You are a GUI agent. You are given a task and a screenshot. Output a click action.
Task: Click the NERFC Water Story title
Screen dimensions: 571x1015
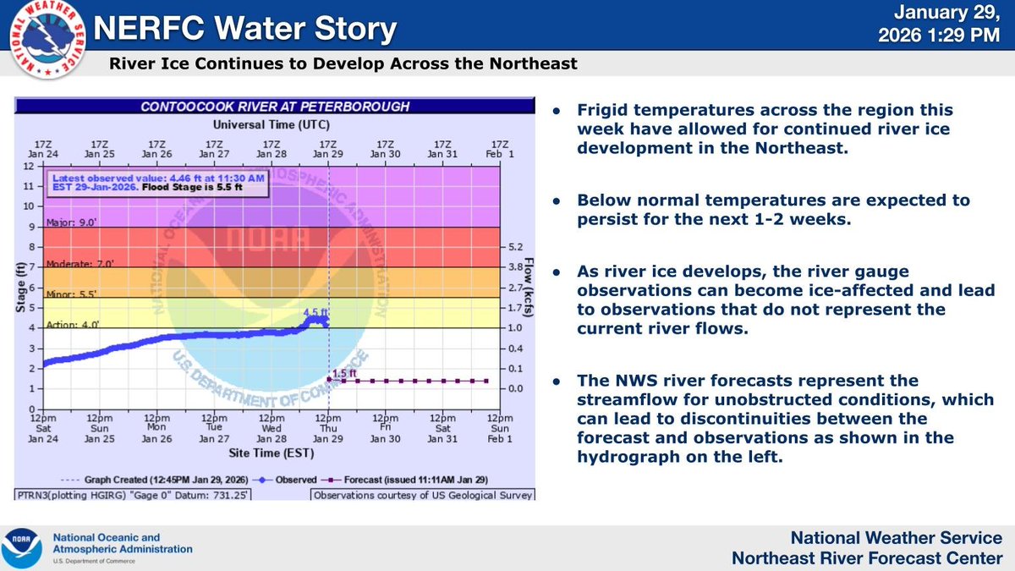click(x=246, y=30)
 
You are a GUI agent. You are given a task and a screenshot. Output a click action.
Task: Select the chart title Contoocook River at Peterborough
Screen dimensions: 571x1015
click(x=275, y=107)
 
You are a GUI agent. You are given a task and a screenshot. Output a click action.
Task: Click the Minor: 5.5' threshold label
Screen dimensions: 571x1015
click(x=67, y=292)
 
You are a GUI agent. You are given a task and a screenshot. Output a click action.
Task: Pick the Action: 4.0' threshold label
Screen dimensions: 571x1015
click(x=68, y=322)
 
